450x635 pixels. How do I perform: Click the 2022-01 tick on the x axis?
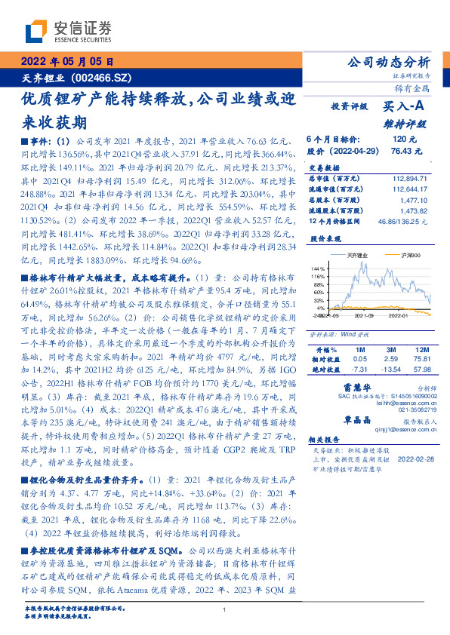pyautogui.click(x=399, y=317)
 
